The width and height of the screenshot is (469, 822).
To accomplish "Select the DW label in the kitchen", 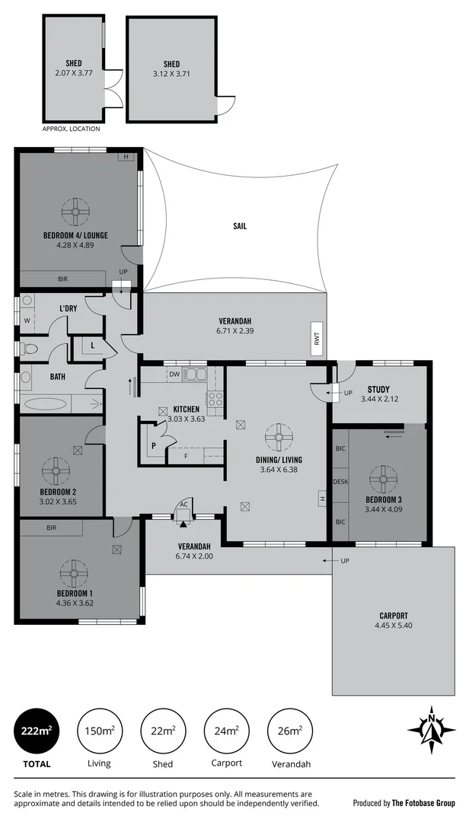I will (175, 374).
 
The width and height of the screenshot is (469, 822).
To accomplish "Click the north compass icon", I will (431, 731).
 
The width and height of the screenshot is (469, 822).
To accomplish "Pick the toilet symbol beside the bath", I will (29, 349).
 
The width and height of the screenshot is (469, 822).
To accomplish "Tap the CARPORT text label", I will (393, 616).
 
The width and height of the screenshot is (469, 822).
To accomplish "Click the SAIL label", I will (240, 226).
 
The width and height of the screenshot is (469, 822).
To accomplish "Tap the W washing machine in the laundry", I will (27, 321).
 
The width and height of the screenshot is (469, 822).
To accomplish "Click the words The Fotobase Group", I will (423, 802).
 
